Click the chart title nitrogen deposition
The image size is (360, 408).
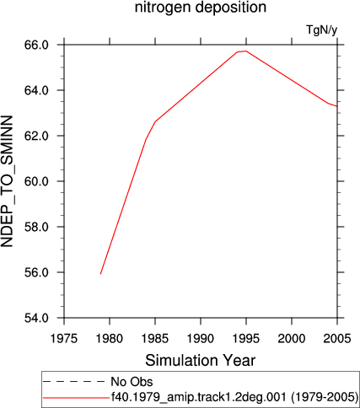coord(201,8)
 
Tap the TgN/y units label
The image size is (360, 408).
coord(321,30)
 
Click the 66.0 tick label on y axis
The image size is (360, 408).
coord(36,45)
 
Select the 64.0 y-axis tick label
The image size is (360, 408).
coord(36,90)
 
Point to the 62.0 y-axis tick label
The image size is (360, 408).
coord(36,136)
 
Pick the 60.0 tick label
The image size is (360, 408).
coord(36,181)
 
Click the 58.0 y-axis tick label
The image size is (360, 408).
coord(36,227)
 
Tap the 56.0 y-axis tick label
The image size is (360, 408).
coord(36,272)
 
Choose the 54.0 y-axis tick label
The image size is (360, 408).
coord(36,318)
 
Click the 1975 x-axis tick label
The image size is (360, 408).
coord(64,339)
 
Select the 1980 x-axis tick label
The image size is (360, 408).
coord(110,339)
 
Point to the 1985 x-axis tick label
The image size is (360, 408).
coord(155,339)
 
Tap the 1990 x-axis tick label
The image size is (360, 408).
coord(201,339)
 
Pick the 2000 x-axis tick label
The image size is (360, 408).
coord(292,339)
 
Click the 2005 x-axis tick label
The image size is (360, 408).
coord(337,339)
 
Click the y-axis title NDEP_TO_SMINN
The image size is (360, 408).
coord(7,181)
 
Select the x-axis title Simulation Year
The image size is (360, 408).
coord(201,360)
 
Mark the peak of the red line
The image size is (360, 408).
coord(246,51)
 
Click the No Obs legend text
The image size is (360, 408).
coord(132,382)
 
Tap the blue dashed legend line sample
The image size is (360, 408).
coord(73,382)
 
